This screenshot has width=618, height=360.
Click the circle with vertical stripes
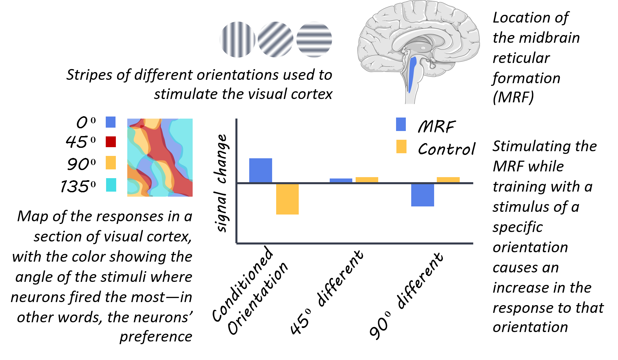tap(237, 39)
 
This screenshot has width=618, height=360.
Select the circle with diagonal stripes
tap(275, 39)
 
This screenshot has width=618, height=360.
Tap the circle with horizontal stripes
tap(314, 39)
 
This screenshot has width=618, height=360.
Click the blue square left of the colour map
tap(110, 122)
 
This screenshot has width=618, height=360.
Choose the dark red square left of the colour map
tap(110, 142)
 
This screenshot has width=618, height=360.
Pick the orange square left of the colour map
tap(110, 163)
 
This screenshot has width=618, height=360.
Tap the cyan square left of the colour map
tap(111, 185)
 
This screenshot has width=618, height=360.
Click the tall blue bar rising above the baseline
tap(260, 170)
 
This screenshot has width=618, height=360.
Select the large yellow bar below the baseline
tap(287, 199)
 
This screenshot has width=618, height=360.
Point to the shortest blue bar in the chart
tap(341, 181)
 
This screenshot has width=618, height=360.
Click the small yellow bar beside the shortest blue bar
tap(367, 180)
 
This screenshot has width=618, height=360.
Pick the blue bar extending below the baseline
tap(422, 195)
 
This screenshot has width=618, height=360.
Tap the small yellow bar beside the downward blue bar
tap(448, 180)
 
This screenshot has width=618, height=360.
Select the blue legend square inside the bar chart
tap(401, 124)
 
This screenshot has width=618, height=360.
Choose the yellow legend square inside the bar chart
tap(401, 146)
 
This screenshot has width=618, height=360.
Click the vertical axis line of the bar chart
tap(236, 212)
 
